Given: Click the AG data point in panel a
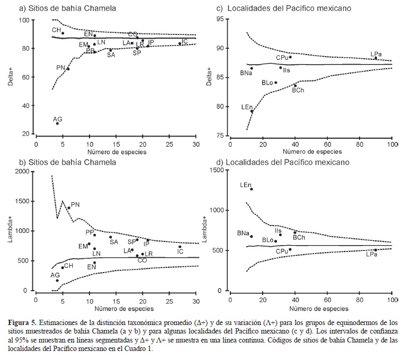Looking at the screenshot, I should [x=57, y=123].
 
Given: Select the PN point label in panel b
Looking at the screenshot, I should [x=75, y=204].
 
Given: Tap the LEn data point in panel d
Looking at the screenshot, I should [x=252, y=189].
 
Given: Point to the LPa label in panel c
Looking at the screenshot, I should [x=377, y=53].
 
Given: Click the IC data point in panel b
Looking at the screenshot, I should [x=180, y=247].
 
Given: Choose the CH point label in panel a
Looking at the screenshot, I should [x=56, y=30].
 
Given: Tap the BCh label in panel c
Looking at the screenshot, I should [x=299, y=91].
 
